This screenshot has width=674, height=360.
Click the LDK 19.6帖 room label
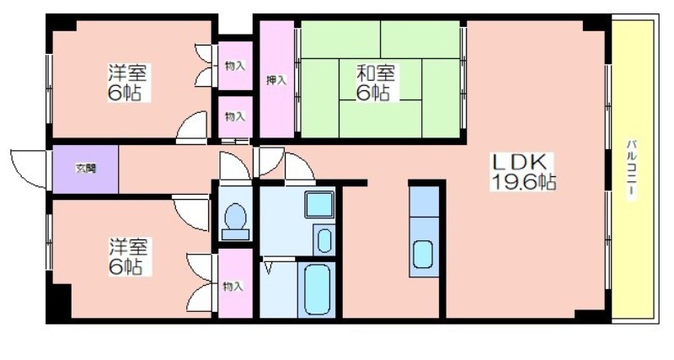pyautogui.click(x=523, y=172)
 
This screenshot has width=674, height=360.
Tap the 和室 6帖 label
pyautogui.click(x=375, y=82)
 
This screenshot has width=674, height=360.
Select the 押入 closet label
pyautogui.click(x=276, y=80)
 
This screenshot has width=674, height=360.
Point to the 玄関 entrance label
pyautogui.click(x=86, y=169)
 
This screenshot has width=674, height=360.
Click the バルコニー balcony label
pyautogui.click(x=631, y=169)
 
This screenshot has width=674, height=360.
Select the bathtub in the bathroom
pyautogui.click(x=318, y=289)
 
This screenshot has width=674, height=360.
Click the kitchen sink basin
pyautogui.click(x=423, y=255)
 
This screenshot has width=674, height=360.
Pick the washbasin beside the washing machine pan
pyautogui.click(x=324, y=241)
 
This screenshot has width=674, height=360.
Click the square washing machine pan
pyautogui.click(x=319, y=204)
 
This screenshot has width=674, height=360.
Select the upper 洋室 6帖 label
pyautogui.click(x=127, y=82)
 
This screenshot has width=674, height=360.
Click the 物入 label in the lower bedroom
pyautogui.click(x=233, y=287)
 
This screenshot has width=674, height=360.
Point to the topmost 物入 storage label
pyautogui.click(x=235, y=66)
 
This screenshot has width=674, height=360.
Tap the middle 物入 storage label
pyautogui.click(x=235, y=116)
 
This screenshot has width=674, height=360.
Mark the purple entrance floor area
pyautogui.click(x=86, y=169)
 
